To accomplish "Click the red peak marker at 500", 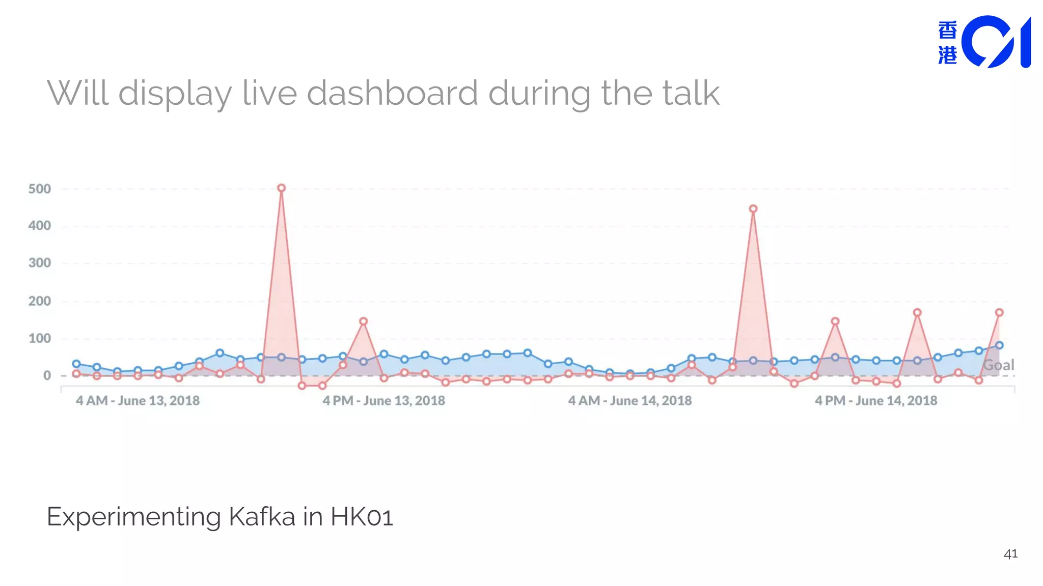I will click(281, 188).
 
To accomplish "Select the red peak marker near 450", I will click(753, 209).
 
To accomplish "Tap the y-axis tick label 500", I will click(40, 189).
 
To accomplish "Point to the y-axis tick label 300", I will click(40, 263).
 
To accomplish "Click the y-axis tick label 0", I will click(47, 375).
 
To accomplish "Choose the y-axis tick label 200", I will click(40, 301).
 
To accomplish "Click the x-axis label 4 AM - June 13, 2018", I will click(138, 401).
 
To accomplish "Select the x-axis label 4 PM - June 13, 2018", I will click(383, 401).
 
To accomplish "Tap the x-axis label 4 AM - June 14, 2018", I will click(630, 401).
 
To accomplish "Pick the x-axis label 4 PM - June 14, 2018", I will click(876, 401).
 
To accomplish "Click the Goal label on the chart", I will click(998, 365).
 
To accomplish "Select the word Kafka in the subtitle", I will click(262, 517).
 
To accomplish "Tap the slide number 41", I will click(1010, 554).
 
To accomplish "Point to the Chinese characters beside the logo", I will click(947, 43).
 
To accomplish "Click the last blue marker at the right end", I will click(999, 345).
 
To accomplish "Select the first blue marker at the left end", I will click(76, 364).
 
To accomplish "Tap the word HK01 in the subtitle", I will click(362, 517).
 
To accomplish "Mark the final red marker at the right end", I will click(999, 312).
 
